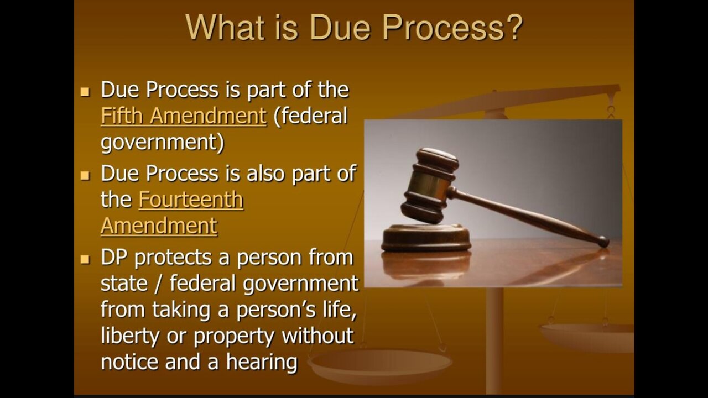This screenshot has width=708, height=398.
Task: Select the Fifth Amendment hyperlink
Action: tap(183, 116)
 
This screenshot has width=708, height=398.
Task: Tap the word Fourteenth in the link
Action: tap(191, 200)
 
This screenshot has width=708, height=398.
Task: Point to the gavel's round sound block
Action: tap(426, 238)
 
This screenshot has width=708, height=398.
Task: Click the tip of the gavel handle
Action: tap(603, 242)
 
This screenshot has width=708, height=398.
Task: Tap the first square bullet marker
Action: tap(85, 91)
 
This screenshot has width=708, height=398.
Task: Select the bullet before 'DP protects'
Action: tap(85, 259)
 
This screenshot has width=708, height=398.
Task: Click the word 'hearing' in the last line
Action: tap(262, 363)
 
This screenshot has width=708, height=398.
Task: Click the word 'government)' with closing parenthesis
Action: tap(163, 143)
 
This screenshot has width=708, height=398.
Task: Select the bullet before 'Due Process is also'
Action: tap(85, 175)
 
